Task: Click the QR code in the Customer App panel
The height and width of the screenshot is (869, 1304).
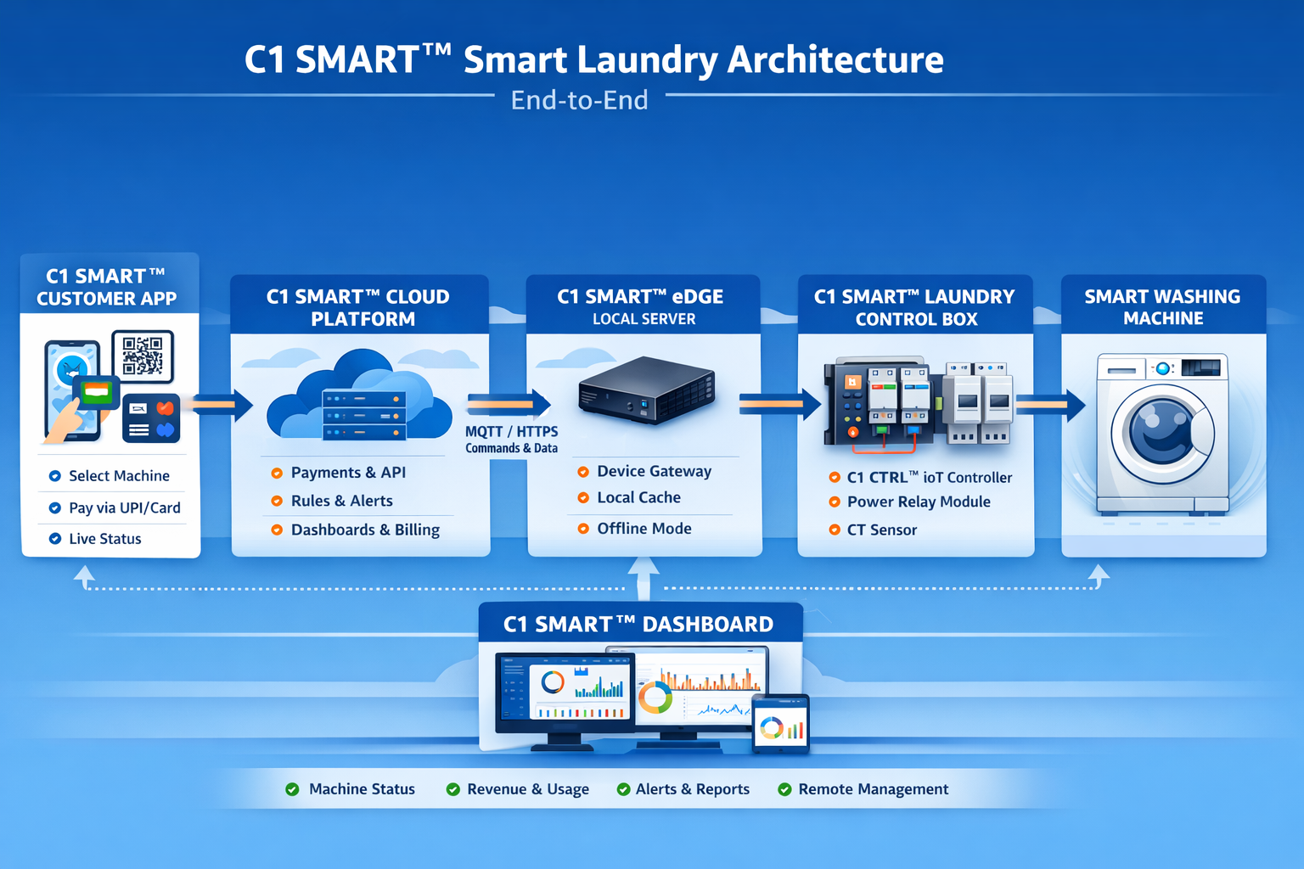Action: pyautogui.click(x=142, y=356)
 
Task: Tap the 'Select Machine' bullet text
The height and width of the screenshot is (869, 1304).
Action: pyautogui.click(x=119, y=476)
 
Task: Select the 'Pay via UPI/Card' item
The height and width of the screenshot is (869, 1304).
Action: pyautogui.click(x=124, y=508)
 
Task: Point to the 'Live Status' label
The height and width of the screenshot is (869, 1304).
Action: pyautogui.click(x=104, y=539)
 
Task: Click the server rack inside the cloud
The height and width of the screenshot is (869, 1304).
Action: pyautogui.click(x=363, y=416)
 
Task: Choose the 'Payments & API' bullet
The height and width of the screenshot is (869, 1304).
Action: pyautogui.click(x=348, y=473)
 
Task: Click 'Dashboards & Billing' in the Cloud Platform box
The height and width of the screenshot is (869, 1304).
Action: pyautogui.click(x=365, y=530)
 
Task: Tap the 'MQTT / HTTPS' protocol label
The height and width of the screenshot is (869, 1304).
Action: pyautogui.click(x=511, y=432)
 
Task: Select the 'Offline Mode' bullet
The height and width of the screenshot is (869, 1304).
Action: pyautogui.click(x=644, y=529)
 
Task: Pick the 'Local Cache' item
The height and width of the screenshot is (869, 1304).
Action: pyautogui.click(x=638, y=498)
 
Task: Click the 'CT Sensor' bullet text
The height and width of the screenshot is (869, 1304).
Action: pyautogui.click(x=881, y=530)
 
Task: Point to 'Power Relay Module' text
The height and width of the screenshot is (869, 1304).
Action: pyautogui.click(x=919, y=502)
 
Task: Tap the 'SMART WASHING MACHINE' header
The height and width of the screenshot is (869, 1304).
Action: pyautogui.click(x=1162, y=307)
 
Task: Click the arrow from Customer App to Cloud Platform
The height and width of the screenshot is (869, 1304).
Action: pyautogui.click(x=222, y=405)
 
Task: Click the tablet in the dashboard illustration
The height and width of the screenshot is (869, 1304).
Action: pyautogui.click(x=780, y=724)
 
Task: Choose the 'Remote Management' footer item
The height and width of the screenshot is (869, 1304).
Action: pyautogui.click(x=873, y=789)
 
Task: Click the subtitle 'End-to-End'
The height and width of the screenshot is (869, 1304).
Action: pyautogui.click(x=579, y=100)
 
